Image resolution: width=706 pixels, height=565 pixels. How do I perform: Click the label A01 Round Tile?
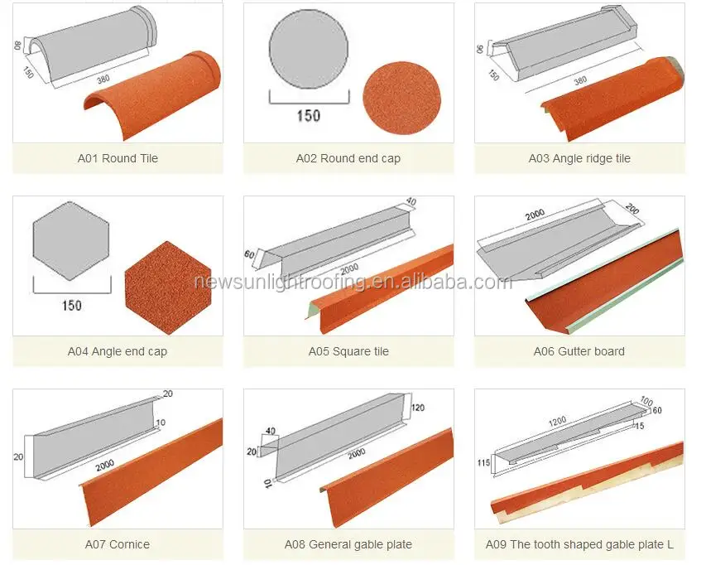click(117, 158)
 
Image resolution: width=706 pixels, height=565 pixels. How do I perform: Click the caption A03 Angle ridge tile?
click(579, 158)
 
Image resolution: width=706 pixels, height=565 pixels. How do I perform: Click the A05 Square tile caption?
click(348, 351)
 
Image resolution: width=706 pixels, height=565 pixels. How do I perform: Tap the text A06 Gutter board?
click(579, 351)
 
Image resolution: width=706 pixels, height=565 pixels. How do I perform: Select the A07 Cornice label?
click(117, 544)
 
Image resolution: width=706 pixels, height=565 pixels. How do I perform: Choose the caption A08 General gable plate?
click(348, 544)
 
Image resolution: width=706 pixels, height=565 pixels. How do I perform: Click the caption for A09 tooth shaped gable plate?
click(579, 544)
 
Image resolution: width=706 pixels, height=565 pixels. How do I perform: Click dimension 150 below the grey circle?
click(309, 117)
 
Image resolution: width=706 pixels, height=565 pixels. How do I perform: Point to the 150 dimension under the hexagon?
click(71, 306)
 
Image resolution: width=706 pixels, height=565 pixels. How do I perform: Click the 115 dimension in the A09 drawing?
click(485, 462)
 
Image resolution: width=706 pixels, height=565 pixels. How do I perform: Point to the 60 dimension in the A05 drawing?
click(248, 254)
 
